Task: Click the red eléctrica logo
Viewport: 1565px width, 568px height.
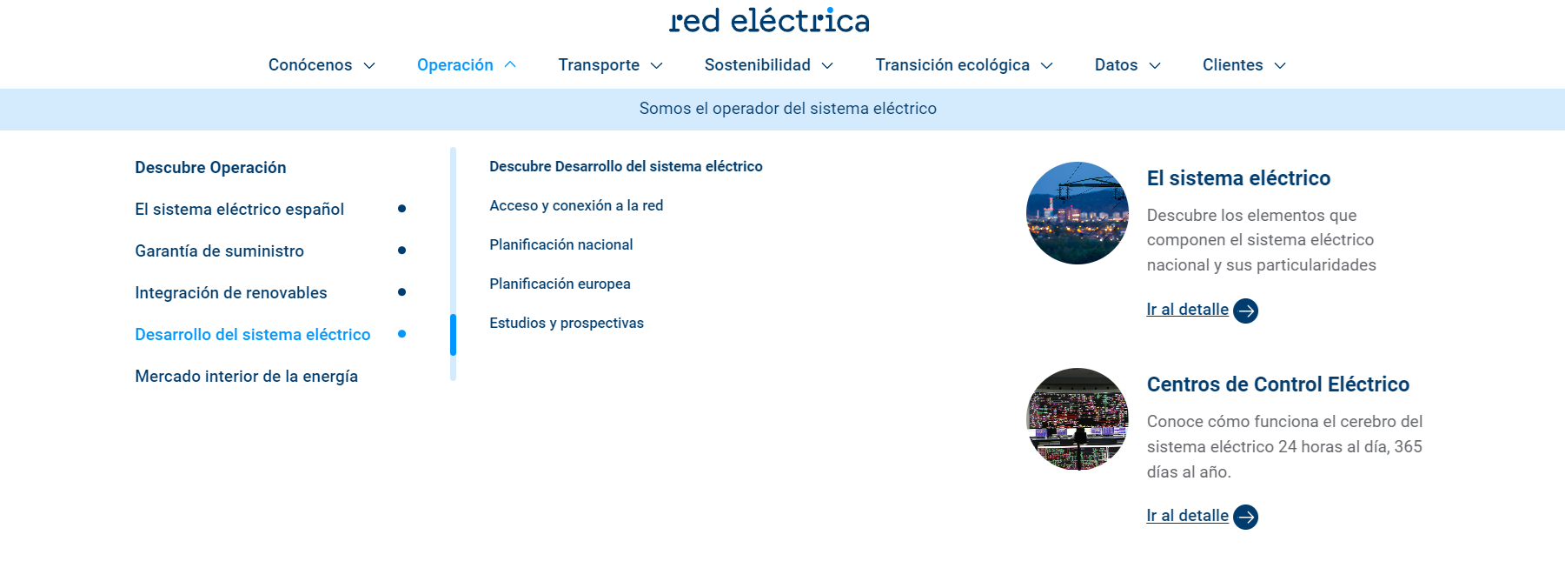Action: (769, 20)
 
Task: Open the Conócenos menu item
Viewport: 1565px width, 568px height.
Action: (310, 65)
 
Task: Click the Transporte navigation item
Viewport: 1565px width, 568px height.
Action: (599, 65)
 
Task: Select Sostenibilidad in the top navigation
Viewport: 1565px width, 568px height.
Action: (757, 65)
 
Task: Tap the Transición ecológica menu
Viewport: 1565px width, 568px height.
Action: (952, 65)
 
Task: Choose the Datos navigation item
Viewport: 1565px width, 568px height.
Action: (1116, 65)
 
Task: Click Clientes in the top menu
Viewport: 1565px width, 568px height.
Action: (1232, 65)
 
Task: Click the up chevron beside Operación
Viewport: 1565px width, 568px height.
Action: (510, 64)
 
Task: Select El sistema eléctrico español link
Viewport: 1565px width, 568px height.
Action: (240, 210)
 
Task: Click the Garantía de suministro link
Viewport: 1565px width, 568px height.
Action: (220, 251)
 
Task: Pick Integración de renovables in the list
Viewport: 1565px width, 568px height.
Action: (231, 293)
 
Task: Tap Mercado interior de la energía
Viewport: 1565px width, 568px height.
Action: (247, 377)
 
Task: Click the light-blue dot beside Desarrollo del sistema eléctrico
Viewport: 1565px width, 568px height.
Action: (401, 334)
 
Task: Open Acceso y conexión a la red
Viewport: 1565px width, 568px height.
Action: (576, 206)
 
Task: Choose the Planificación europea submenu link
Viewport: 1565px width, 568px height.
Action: (560, 284)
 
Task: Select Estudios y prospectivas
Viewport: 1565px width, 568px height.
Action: (567, 324)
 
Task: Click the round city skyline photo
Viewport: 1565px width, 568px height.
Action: (1078, 213)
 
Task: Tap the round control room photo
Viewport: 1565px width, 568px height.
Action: (1078, 419)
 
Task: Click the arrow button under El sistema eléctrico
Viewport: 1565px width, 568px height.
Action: (1246, 311)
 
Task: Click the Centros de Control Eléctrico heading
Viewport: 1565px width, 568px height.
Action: (1278, 384)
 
